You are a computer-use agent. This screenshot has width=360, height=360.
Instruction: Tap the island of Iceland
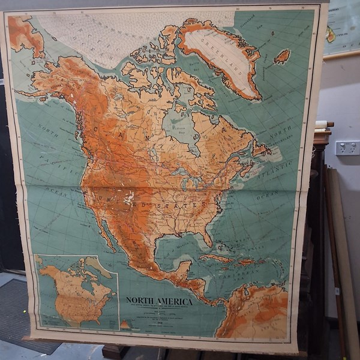281,57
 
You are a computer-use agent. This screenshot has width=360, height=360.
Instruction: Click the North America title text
159,301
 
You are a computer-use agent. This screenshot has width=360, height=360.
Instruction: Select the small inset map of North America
76,292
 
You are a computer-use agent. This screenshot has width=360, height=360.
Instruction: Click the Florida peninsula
207,236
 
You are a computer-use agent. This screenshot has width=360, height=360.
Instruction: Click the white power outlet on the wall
347,148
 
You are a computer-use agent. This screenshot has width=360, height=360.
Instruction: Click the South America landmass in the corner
255,312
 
